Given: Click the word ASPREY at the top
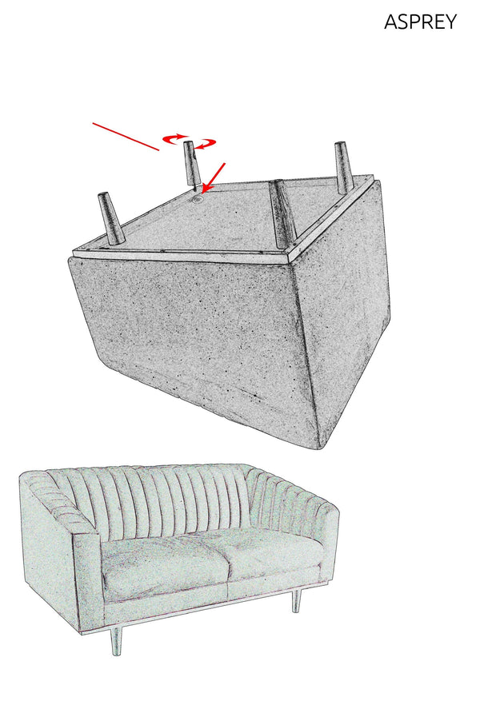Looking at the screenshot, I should (x=420, y=22).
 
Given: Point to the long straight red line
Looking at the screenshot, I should (x=126, y=137).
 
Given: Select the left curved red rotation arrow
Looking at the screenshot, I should (x=174, y=139).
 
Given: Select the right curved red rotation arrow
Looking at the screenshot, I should (x=207, y=144).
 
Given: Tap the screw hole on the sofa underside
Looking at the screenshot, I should (x=197, y=201).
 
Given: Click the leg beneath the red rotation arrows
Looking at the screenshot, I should (x=190, y=164).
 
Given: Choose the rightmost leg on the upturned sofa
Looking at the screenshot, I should (x=343, y=165).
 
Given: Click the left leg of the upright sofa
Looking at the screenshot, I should (x=116, y=639).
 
